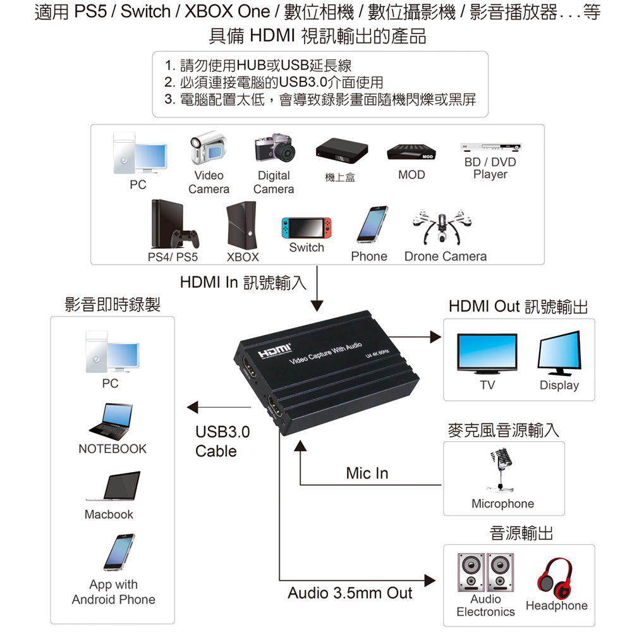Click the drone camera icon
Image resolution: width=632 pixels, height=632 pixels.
[442, 226]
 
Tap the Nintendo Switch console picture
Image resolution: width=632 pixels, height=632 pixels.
[307, 228]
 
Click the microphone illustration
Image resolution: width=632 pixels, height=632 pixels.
[501, 470]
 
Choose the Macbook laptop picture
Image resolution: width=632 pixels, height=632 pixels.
[113, 486]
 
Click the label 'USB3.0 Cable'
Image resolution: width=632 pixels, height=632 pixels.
[222, 441]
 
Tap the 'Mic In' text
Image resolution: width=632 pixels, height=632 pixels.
[367, 473]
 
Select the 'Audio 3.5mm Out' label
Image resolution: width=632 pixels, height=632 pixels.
[350, 593]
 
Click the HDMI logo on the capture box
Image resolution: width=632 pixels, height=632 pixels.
[274, 351]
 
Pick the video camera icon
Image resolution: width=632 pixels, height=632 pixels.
[209, 147]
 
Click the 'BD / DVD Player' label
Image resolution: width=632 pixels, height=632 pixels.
[490, 168]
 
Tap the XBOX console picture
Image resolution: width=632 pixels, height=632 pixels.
[241, 226]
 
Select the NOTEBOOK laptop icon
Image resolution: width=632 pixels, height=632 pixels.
[111, 421]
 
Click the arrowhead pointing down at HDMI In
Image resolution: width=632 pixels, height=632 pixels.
[317, 306]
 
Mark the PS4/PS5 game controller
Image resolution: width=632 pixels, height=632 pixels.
[185, 239]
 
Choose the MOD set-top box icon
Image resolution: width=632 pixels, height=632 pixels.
[411, 152]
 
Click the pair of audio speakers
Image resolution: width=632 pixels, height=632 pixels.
[485, 573]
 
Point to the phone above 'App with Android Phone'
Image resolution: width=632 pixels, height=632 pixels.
[119, 552]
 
